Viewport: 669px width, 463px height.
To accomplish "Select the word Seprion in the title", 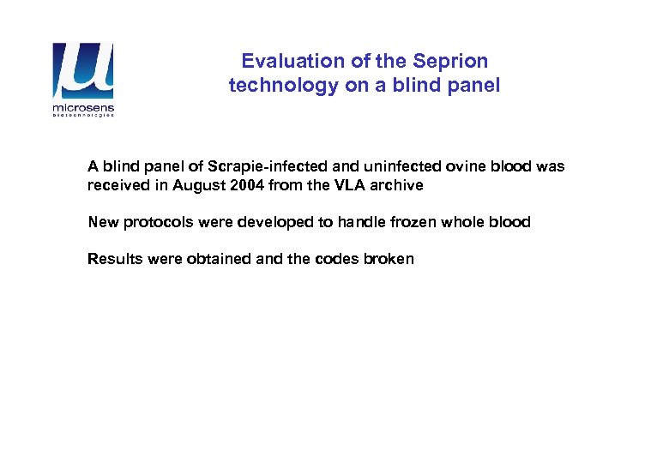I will tap(451, 61).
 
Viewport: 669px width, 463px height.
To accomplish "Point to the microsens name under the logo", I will tap(83, 109).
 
